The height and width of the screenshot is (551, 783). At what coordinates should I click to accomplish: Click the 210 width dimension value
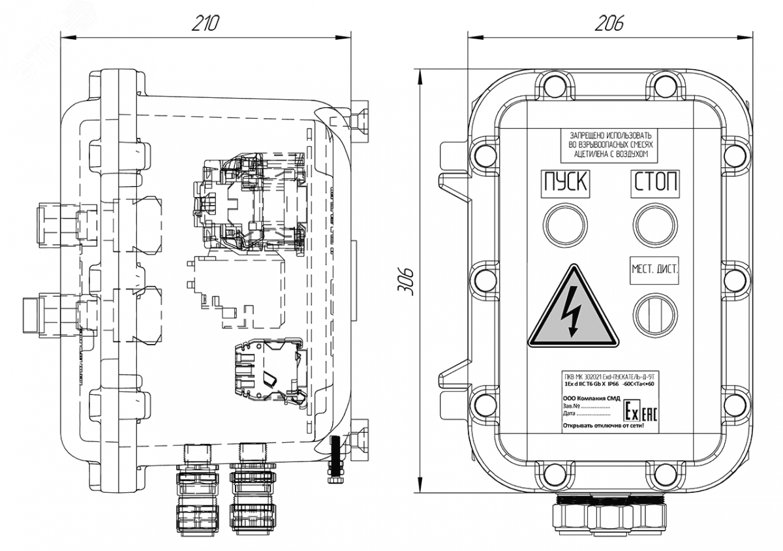tap(205, 24)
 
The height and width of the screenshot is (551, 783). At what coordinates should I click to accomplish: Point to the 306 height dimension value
tap(405, 281)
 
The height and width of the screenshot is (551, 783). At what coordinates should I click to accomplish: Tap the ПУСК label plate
tap(565, 182)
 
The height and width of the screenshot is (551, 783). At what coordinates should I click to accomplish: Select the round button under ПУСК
tap(564, 223)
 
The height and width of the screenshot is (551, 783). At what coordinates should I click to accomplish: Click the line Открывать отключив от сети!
tap(607, 426)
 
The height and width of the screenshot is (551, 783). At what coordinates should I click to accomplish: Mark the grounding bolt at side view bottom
tap(336, 460)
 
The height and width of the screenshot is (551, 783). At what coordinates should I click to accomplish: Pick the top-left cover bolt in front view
tap(553, 86)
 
